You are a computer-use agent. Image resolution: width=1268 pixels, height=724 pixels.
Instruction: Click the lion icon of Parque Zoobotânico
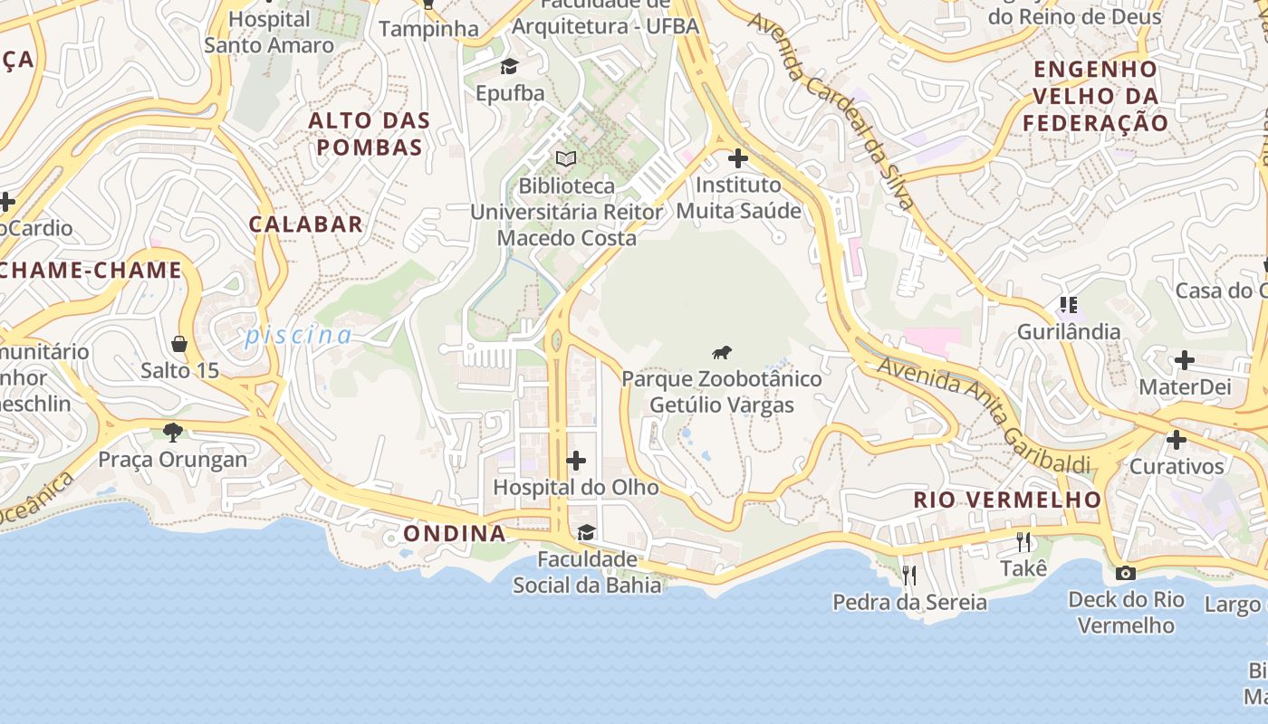722,353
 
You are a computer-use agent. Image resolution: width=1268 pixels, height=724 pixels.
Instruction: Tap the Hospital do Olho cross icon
576,462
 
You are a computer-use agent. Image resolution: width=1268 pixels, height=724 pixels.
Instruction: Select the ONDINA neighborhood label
455,533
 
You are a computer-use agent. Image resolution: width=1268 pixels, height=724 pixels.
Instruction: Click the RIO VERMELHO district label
1007,500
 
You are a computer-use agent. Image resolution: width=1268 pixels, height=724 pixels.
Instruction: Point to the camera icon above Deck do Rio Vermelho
1126,573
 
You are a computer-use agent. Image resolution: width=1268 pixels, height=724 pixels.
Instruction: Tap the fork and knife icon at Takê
1023,542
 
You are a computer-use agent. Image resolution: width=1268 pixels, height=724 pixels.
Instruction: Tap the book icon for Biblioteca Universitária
566,159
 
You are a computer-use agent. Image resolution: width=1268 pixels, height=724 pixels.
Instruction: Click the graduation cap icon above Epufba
510,66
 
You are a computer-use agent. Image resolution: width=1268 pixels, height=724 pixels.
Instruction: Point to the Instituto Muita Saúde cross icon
738,158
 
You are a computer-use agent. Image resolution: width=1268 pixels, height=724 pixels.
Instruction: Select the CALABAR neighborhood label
306,224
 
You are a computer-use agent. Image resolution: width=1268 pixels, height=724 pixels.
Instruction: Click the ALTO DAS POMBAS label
370,133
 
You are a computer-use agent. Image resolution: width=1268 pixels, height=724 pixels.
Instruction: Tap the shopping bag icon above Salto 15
179,344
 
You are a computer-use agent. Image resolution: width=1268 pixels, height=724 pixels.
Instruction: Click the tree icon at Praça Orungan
172,433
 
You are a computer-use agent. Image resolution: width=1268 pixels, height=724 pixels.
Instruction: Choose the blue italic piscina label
298,336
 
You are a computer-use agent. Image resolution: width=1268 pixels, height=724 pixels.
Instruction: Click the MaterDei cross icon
1184,361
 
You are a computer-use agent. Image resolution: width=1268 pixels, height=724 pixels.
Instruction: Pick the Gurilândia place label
1069,331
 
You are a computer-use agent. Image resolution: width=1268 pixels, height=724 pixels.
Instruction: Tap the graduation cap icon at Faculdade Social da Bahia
587,532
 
